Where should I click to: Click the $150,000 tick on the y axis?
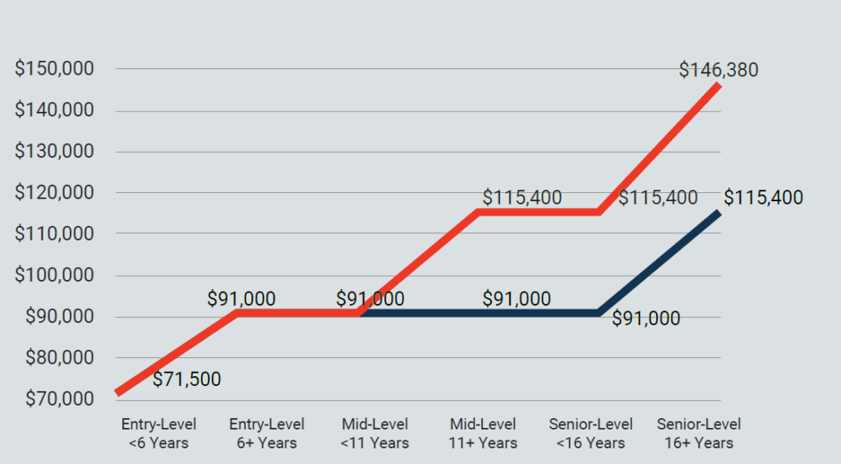tap(54, 69)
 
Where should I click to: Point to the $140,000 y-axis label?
tap(54, 110)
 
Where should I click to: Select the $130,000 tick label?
tap(54, 152)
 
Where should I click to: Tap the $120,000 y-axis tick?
tap(54, 193)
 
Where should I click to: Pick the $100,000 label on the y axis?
tap(54, 276)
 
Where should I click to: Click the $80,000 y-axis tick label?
tap(54, 358)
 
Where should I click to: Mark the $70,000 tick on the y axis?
tap(54, 400)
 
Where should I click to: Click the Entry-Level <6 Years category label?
tap(159, 434)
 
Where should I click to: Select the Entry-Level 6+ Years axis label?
tap(267, 434)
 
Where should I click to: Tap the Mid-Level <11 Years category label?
tap(375, 434)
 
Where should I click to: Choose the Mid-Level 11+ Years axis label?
tap(483, 434)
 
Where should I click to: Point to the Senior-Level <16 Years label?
tap(591, 434)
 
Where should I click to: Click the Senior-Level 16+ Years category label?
tap(699, 434)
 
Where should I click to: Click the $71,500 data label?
tap(187, 379)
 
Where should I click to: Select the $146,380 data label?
tap(719, 70)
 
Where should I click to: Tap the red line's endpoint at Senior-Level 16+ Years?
tap(719, 85)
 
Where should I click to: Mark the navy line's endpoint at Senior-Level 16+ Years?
tap(719, 213)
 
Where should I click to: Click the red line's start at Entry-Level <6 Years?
tap(118, 393)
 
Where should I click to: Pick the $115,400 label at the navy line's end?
tap(763, 198)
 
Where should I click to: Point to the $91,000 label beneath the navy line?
tap(646, 319)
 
